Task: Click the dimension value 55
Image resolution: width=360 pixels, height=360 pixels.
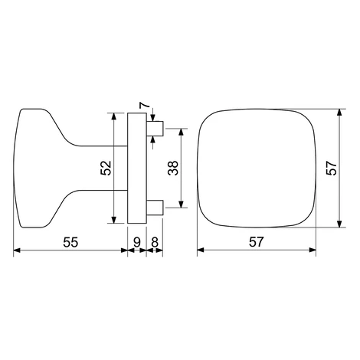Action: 70,242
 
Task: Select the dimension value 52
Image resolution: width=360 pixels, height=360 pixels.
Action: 106,168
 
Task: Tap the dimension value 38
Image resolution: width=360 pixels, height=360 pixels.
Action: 173,168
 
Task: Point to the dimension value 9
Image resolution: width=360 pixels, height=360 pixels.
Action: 137,242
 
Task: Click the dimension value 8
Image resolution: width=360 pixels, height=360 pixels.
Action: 155,242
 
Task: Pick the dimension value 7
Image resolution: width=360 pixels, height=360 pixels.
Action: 144,105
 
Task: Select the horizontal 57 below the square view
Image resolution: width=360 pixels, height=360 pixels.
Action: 256,242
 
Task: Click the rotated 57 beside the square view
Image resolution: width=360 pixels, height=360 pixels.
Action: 332,168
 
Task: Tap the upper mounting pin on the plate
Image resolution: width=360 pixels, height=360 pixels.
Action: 155,129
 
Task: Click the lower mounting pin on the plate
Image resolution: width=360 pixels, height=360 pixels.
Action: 155,208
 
